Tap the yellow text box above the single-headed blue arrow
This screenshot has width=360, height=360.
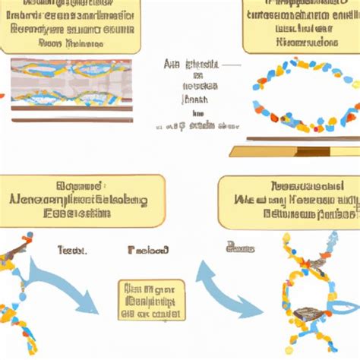(82, 201)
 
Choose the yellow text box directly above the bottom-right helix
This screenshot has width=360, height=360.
(289, 201)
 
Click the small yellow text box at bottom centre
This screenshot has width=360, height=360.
(151, 299)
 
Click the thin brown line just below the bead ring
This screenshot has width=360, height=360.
(304, 138)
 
